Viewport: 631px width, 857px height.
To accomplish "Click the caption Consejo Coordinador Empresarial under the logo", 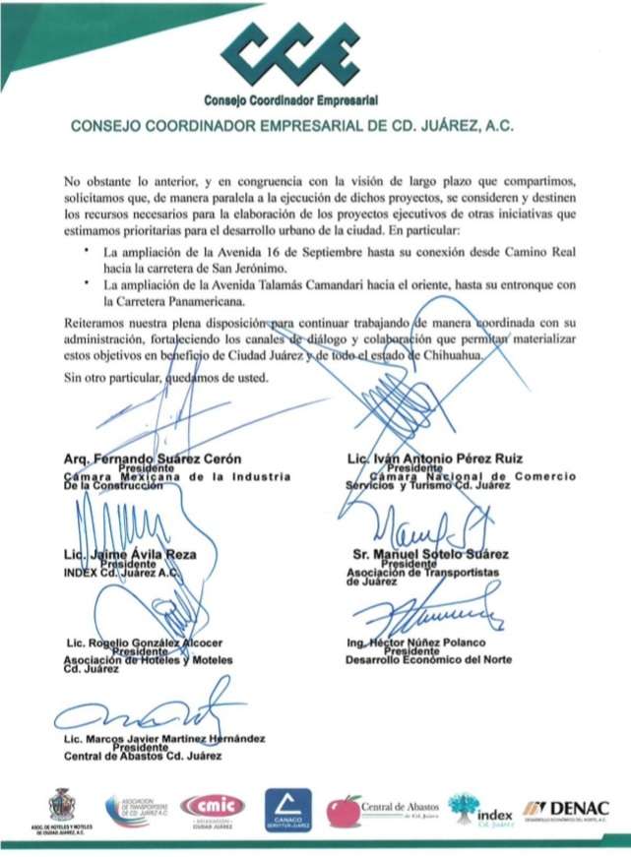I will pyautogui.click(x=291, y=101).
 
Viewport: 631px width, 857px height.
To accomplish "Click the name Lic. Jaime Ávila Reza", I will pyautogui.click(x=138, y=555).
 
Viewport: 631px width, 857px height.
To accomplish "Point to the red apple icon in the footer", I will pyautogui.click(x=344, y=811).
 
